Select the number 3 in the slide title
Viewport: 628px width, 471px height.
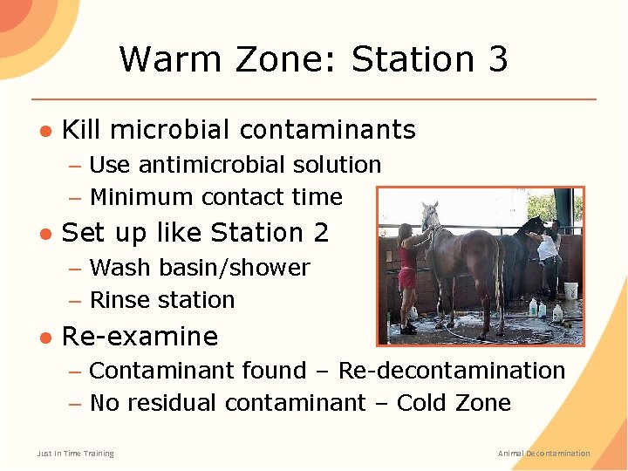point(496,59)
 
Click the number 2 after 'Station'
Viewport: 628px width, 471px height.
point(320,233)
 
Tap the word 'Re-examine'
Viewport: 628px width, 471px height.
point(140,337)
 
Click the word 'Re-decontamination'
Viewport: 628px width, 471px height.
point(451,371)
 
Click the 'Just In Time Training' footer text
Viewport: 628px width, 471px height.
point(75,454)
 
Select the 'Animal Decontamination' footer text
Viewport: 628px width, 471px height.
point(543,454)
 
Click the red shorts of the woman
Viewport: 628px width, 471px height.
point(406,278)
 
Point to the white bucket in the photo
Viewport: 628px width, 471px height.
point(571,290)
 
